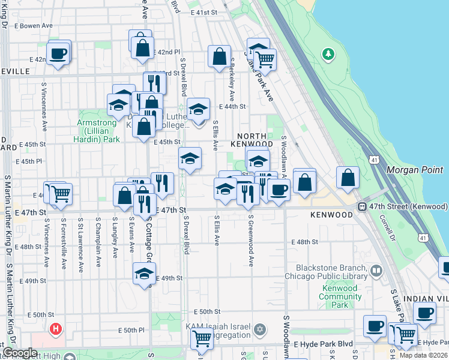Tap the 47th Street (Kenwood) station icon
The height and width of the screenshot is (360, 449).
click(x=363, y=206)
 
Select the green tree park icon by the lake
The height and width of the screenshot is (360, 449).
click(x=328, y=55)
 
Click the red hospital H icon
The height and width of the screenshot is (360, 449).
click(x=56, y=329)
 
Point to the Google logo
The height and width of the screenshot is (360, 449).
click(x=19, y=353)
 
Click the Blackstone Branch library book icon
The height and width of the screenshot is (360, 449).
click(x=376, y=271)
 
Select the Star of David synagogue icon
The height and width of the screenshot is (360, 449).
click(x=260, y=329)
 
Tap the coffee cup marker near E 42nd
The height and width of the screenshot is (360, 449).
click(x=58, y=53)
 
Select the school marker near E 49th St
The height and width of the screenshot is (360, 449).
click(x=143, y=274)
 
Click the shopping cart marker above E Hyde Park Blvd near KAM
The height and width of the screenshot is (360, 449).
click(x=201, y=338)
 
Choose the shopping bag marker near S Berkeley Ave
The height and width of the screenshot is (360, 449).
click(x=220, y=57)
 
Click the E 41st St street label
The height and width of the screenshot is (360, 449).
click(x=203, y=12)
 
